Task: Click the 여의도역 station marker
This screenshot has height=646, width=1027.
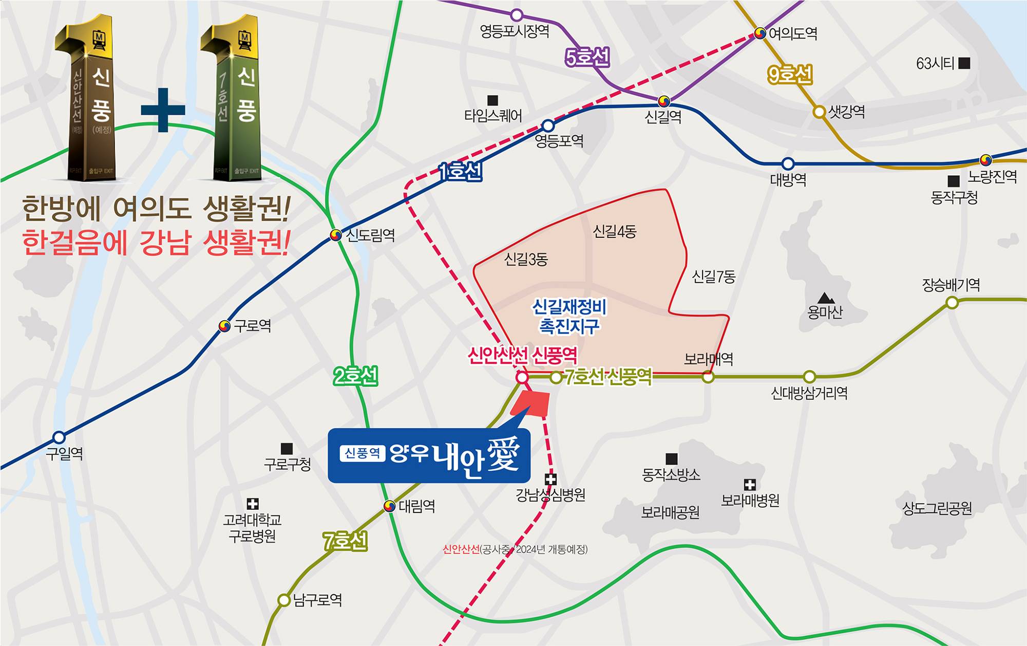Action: click(760, 34)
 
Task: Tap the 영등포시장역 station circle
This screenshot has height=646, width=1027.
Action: click(517, 14)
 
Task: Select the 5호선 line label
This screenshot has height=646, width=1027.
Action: click(587, 58)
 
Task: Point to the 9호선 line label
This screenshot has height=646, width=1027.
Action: click(790, 76)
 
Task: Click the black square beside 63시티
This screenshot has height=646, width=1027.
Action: click(964, 63)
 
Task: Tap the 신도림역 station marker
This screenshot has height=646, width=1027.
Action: click(335, 235)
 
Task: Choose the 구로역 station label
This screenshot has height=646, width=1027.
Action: click(252, 326)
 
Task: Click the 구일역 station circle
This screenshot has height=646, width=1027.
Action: click(59, 437)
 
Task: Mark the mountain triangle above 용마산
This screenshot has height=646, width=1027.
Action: click(825, 298)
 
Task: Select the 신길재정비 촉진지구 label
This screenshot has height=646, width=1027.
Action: click(569, 317)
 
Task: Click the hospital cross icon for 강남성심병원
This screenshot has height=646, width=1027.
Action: click(550, 479)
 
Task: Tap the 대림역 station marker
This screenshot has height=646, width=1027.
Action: click(390, 506)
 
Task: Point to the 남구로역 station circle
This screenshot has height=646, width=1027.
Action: click(283, 600)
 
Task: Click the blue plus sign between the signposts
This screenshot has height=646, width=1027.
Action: click(163, 109)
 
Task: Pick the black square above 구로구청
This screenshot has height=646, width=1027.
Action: click(287, 449)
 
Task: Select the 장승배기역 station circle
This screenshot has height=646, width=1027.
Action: click(952, 303)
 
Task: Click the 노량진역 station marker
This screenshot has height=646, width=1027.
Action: click(985, 160)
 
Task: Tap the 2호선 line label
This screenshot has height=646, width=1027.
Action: click(355, 377)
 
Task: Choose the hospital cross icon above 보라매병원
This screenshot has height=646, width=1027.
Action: click(750, 484)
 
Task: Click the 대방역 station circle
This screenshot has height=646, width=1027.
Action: click(788, 164)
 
